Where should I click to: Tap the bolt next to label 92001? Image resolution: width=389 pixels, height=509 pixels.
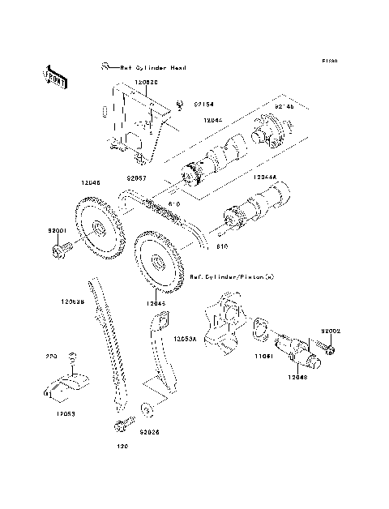(61, 250)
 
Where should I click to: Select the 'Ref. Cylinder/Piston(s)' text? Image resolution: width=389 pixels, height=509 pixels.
(232, 276)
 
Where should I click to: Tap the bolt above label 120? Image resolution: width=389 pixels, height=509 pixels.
(124, 424)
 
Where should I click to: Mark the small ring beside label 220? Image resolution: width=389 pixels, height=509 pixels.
(73, 358)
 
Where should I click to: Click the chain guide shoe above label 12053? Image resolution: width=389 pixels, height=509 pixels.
(64, 386)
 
